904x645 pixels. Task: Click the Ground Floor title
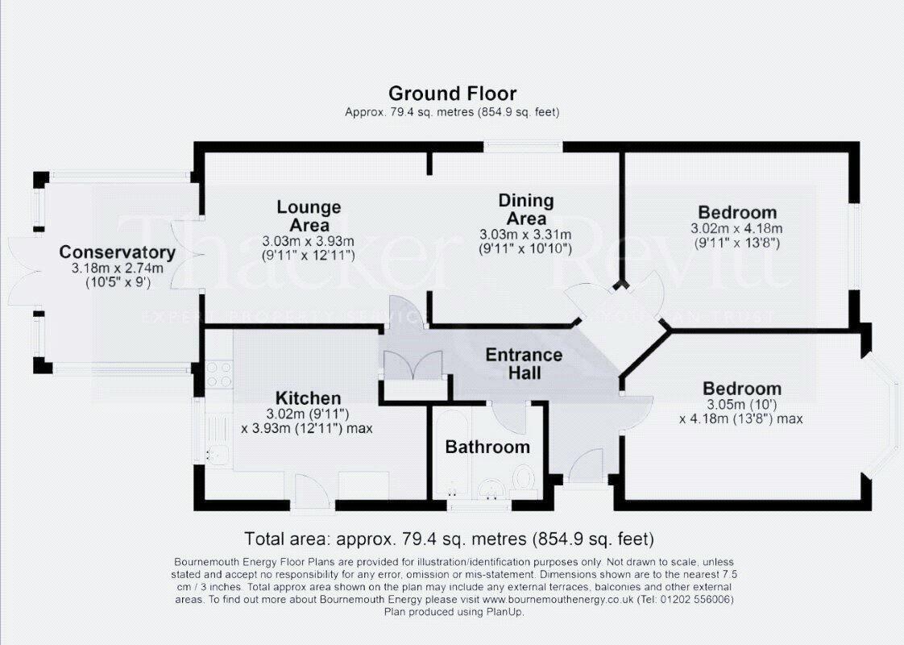(452, 94)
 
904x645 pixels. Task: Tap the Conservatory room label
(117, 252)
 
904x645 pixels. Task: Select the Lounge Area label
(309, 216)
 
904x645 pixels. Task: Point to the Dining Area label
(526, 209)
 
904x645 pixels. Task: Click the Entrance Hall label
(524, 364)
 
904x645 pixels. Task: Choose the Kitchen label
(308, 398)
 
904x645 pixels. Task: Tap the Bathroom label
(487, 447)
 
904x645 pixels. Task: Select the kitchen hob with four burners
(218, 373)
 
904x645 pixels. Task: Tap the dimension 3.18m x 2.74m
(117, 268)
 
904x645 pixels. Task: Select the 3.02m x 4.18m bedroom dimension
(737, 228)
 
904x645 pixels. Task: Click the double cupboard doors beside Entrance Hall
(413, 365)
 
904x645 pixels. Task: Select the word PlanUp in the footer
(502, 612)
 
